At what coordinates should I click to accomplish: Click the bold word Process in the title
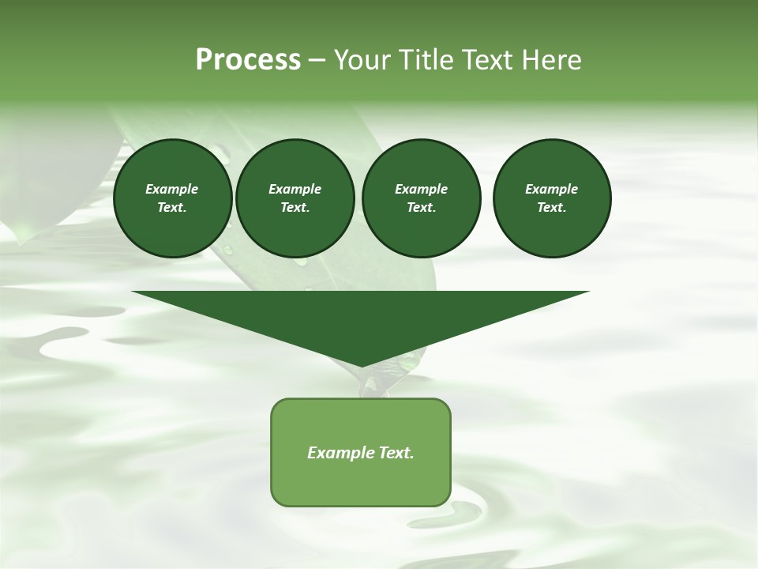[248, 60]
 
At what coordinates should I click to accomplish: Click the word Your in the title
[360, 60]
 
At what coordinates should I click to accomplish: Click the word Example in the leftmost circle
[172, 189]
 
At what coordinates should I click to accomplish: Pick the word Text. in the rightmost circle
[552, 207]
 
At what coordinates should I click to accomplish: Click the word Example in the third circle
[421, 189]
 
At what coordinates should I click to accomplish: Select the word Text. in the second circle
[295, 207]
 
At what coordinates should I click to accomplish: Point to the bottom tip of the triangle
[361, 365]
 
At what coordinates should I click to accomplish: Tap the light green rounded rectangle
[361, 482]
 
